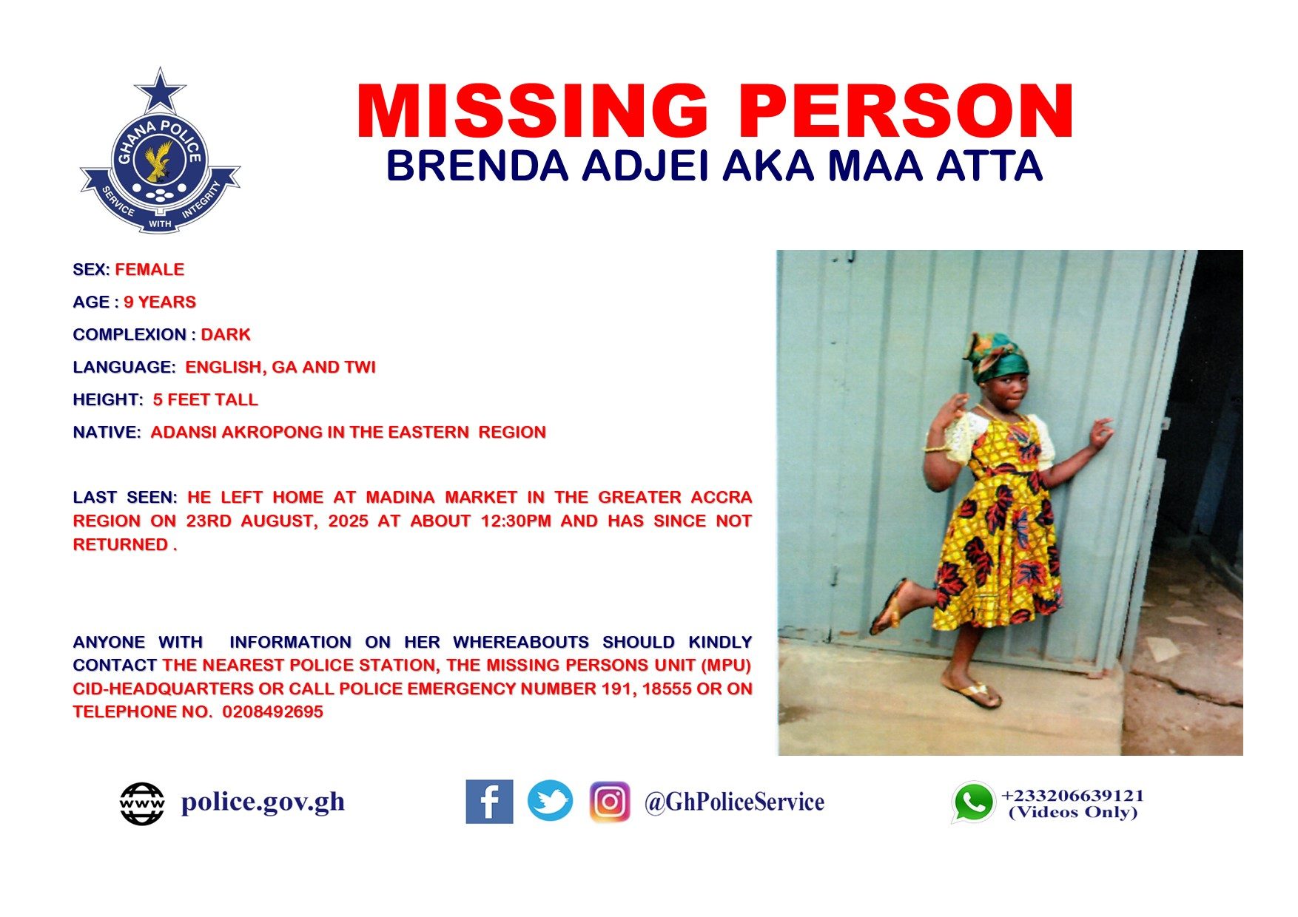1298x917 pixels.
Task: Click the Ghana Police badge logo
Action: tap(160, 151)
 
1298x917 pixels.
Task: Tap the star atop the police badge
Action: tap(160, 92)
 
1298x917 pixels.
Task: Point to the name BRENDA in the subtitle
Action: tap(477, 166)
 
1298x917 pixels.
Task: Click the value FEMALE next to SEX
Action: tap(149, 270)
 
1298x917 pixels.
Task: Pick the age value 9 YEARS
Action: tap(160, 302)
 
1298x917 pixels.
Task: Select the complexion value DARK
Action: tap(226, 335)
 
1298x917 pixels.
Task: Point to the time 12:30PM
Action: tap(516, 521)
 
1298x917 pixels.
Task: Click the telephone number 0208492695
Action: tap(273, 712)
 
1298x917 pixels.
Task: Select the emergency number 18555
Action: tap(665, 689)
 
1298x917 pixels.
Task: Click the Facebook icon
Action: tap(489, 802)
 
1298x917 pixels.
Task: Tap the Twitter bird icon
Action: tap(550, 801)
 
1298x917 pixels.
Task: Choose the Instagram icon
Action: tap(610, 802)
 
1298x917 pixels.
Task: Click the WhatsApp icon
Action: tap(973, 802)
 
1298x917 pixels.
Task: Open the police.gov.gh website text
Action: tap(263, 802)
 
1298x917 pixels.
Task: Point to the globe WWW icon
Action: tap(142, 804)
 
